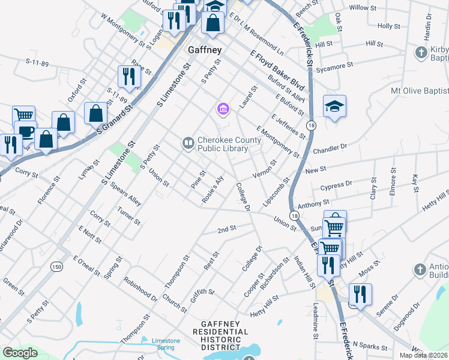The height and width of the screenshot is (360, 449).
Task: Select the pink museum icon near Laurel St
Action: pos(223,109)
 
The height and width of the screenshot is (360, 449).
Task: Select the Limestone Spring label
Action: pos(166,344)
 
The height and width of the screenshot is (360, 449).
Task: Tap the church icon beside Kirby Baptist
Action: pos(421,53)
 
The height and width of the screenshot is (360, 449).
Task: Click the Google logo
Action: pos(20,353)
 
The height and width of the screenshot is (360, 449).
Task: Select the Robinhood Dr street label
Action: pos(140,289)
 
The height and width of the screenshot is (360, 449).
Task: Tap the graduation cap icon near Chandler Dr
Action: pos(334,106)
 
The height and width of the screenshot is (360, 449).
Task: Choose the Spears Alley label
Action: pos(125,194)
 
